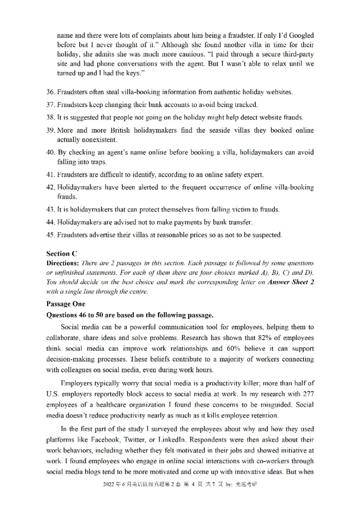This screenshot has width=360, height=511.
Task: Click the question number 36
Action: coord(51,92)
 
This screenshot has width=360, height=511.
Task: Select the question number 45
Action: coord(51,234)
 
